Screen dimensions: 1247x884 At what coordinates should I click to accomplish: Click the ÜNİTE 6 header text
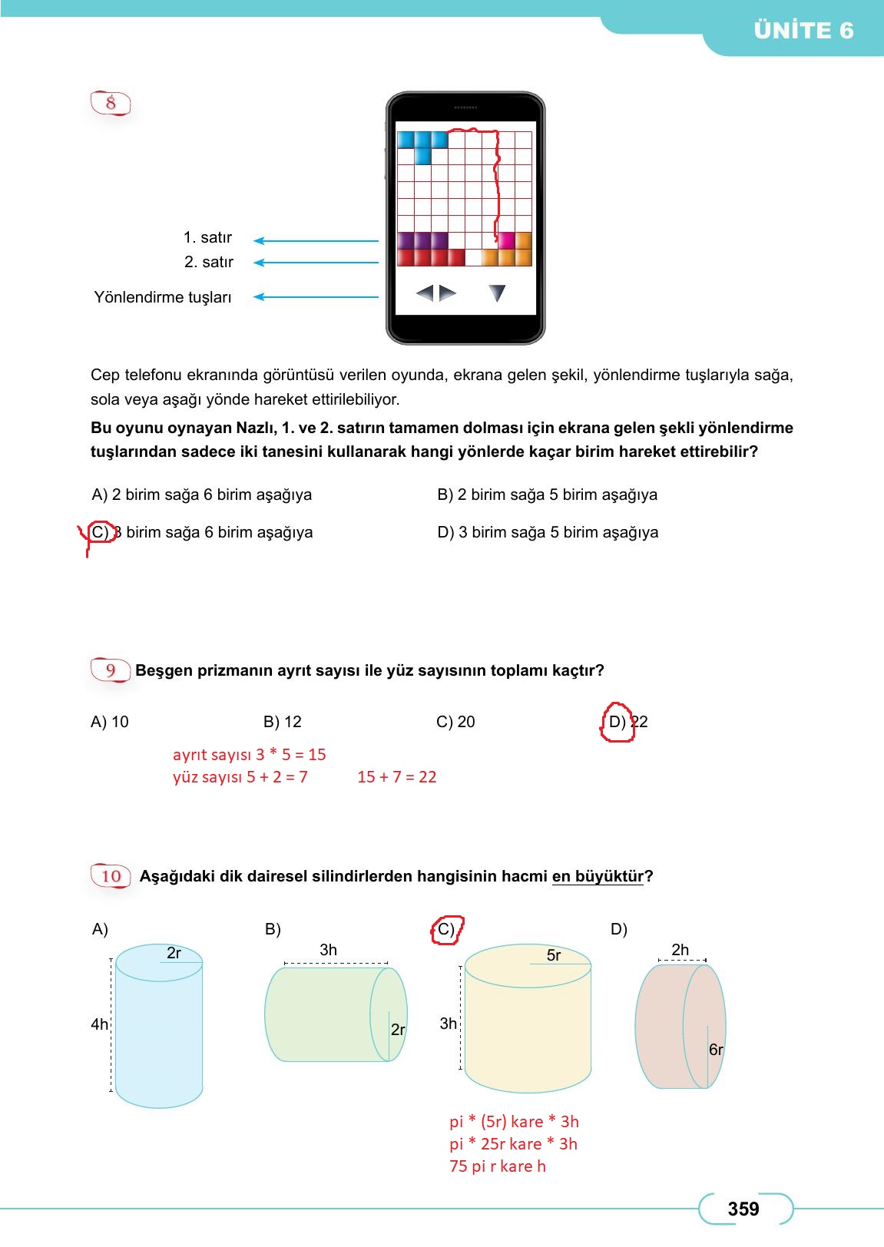(803, 31)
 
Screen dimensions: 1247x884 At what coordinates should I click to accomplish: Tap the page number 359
(743, 1209)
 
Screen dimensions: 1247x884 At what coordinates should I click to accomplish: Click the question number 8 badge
(111, 103)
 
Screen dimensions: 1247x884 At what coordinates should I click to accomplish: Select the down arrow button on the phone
(497, 293)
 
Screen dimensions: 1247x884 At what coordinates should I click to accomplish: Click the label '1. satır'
(207, 238)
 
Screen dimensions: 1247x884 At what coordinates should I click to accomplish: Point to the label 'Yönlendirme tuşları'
(162, 297)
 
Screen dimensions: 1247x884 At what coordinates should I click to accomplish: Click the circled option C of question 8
(101, 532)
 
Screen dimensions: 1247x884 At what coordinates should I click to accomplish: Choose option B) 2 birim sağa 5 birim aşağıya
(547, 495)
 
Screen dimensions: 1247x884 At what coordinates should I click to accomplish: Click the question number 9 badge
(111, 670)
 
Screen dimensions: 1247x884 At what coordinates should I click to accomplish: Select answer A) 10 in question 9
(110, 722)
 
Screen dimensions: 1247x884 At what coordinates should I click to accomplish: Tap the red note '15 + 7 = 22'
(396, 777)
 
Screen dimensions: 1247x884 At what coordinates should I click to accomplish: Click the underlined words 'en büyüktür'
(598, 876)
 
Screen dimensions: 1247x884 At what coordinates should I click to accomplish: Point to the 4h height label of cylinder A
(99, 1024)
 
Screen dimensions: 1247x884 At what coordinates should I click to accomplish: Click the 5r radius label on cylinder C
(553, 955)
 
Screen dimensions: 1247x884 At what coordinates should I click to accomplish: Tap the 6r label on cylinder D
(715, 1050)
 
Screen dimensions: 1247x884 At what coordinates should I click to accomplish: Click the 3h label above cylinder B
(328, 950)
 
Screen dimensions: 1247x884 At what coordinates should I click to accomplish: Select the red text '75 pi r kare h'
(497, 1166)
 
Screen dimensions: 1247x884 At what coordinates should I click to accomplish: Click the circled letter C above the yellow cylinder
(446, 930)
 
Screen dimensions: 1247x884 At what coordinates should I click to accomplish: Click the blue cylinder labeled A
(159, 1029)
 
